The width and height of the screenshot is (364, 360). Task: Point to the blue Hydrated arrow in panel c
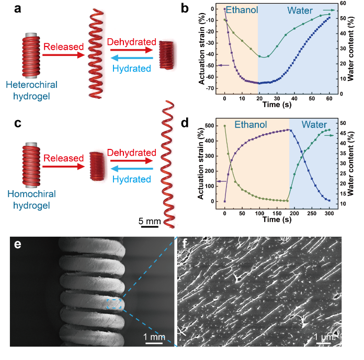[x=131, y=169]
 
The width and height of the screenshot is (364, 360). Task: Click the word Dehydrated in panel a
[x=131, y=41]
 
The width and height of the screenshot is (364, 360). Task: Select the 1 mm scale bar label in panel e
[x=154, y=337]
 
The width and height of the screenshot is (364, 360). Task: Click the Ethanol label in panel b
[x=240, y=10]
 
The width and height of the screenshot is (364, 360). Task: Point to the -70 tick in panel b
[x=212, y=88]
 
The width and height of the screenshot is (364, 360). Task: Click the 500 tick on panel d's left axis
[x=213, y=126]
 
